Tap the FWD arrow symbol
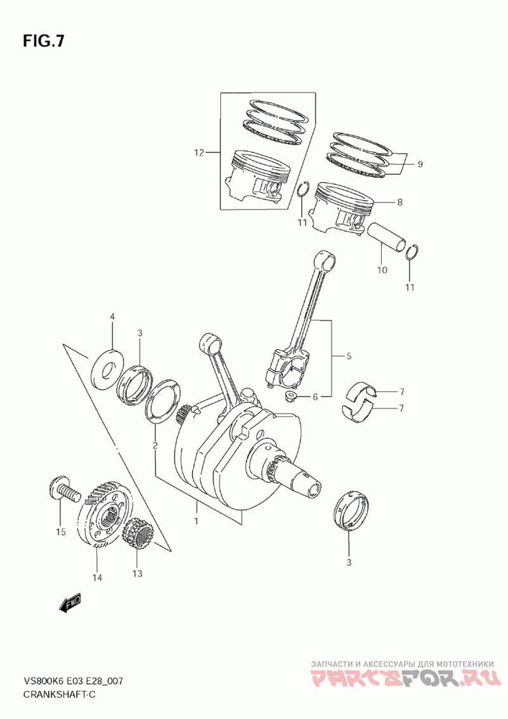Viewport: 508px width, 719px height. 70,603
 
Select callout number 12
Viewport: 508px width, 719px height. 199,152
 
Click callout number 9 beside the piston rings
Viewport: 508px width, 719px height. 420,164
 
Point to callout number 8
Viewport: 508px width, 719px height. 399,203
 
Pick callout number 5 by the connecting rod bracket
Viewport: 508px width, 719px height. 349,357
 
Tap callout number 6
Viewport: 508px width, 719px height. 315,397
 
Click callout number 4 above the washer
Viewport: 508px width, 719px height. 112,316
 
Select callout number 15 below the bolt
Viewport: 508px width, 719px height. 60,532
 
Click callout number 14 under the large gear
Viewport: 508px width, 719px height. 97,577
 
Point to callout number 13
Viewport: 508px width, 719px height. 137,574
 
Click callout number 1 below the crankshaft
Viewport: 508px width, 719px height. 196,521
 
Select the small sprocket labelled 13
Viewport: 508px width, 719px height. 137,535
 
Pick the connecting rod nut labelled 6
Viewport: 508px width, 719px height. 291,398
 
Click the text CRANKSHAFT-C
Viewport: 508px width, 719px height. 60,694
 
